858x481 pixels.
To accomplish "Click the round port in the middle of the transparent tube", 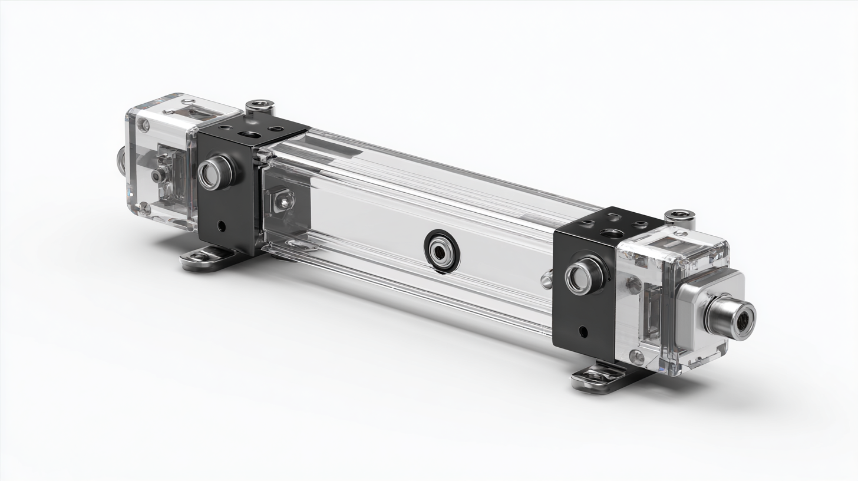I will pyautogui.click(x=441, y=252).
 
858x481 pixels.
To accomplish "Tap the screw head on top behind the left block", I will pyautogui.click(x=259, y=107).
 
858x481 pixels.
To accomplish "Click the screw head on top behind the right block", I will pyautogui.click(x=679, y=218).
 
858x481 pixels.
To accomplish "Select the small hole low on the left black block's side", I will pyautogui.click(x=221, y=225).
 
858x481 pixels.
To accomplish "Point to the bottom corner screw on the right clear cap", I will pyautogui.click(x=636, y=355).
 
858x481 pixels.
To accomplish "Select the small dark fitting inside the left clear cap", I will pyautogui.click(x=158, y=175).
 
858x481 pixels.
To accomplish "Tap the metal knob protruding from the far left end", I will pyautogui.click(x=120, y=157).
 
